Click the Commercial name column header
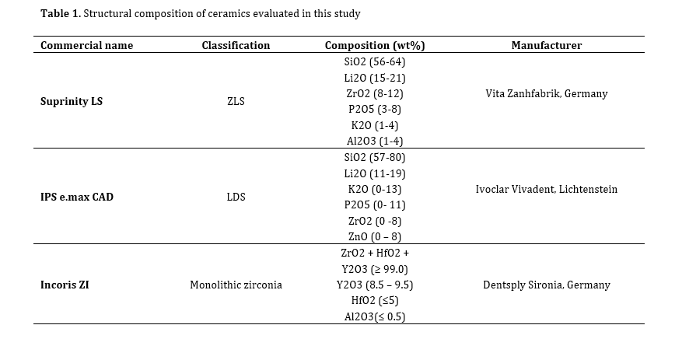pyautogui.click(x=86, y=45)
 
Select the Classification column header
pyautogui.click(x=236, y=45)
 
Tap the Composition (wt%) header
pyautogui.click(x=375, y=46)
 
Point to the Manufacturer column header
pyautogui.click(x=546, y=45)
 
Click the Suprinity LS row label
pyautogui.click(x=72, y=101)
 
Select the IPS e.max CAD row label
pyautogui.click(x=77, y=197)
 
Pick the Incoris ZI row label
pyautogui.click(x=65, y=285)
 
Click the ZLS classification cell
pyautogui.click(x=236, y=101)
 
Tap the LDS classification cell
pyautogui.click(x=236, y=197)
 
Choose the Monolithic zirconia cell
pyautogui.click(x=236, y=285)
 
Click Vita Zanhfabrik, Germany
pyautogui.click(x=546, y=94)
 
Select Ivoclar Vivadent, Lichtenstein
pyautogui.click(x=546, y=189)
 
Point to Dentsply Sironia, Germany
pyautogui.click(x=546, y=285)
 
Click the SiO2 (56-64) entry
pyautogui.click(x=375, y=61)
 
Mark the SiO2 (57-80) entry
pyautogui.click(x=375, y=157)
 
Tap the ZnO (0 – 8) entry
pyautogui.click(x=375, y=236)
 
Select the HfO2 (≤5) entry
pyautogui.click(x=375, y=300)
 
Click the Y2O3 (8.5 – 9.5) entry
pyautogui.click(x=375, y=285)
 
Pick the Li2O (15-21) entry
pyautogui.click(x=375, y=78)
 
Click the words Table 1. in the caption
pyautogui.click(x=61, y=13)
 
